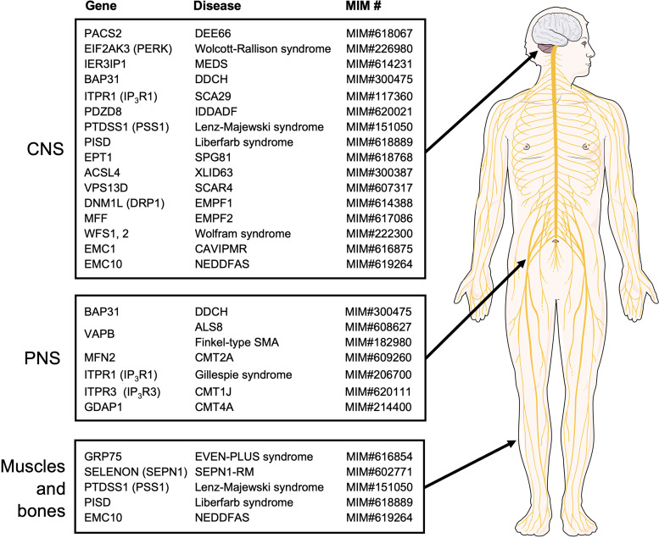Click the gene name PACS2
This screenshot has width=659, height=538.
[103, 33]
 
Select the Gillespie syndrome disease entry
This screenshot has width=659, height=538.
[245, 374]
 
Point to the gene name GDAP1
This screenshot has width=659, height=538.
[103, 408]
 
